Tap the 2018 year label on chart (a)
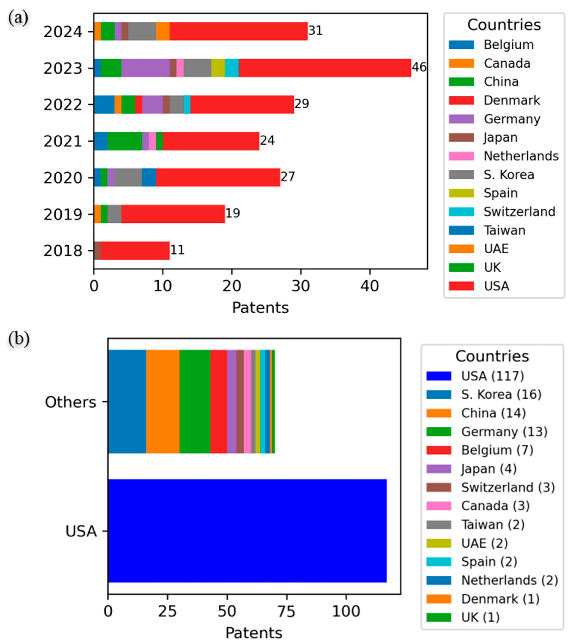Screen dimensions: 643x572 pyautogui.click(x=63, y=251)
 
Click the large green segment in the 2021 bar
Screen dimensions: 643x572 pyautogui.click(x=125, y=141)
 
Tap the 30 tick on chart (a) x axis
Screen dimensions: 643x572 pyautogui.click(x=301, y=286)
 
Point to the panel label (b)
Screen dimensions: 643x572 pyautogui.click(x=19, y=339)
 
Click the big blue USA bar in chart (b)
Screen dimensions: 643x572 pyautogui.click(x=247, y=531)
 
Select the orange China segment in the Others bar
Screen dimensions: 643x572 pyautogui.click(x=162, y=401)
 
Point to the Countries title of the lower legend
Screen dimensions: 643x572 pyautogui.click(x=492, y=356)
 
